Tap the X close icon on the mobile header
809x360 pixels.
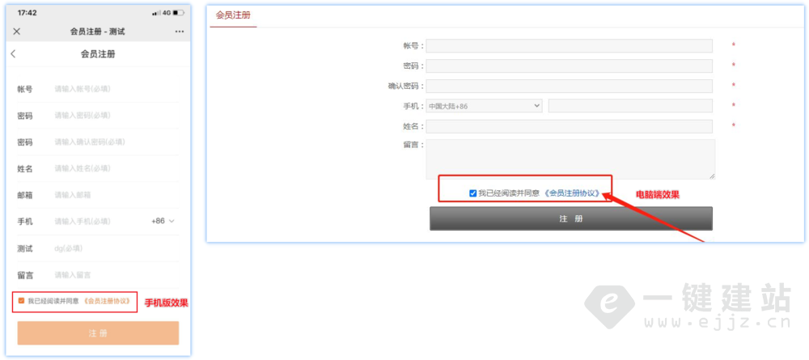click(x=17, y=32)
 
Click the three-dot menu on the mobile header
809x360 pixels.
click(x=179, y=32)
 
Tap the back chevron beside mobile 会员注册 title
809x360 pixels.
click(x=13, y=54)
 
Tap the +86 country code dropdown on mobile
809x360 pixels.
click(x=163, y=221)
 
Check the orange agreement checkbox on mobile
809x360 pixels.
click(x=21, y=301)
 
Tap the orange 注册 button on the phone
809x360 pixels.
click(x=98, y=333)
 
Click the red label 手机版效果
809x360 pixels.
click(x=166, y=303)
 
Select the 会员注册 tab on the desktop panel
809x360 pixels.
click(x=233, y=15)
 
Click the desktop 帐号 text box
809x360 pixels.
click(x=569, y=46)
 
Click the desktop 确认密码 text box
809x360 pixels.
click(x=569, y=86)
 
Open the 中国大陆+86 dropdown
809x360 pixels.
click(x=484, y=106)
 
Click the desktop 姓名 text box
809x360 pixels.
click(x=569, y=126)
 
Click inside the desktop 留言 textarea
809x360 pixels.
click(x=570, y=159)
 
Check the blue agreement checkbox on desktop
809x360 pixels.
click(x=472, y=193)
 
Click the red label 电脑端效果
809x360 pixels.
click(x=657, y=195)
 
